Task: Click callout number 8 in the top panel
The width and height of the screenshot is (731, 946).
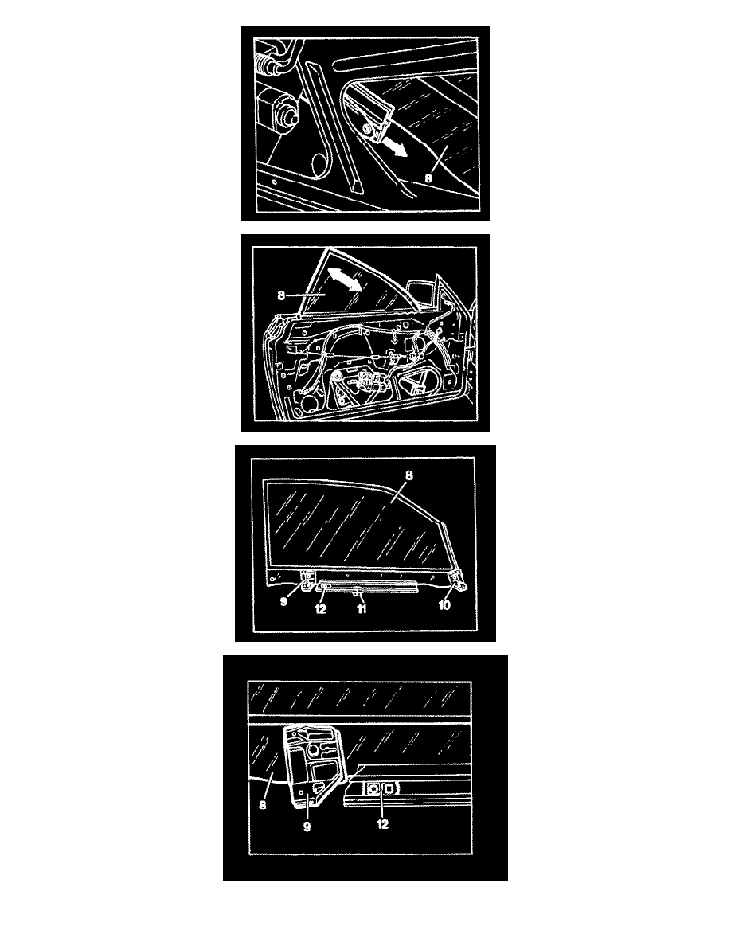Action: [429, 178]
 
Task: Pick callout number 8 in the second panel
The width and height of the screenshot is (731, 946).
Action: [281, 295]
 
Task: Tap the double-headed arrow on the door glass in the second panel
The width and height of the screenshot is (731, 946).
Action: [344, 281]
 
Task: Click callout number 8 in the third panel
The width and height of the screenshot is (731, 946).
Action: [409, 475]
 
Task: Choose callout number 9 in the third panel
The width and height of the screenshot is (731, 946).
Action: [284, 601]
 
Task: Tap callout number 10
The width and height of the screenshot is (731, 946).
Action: [444, 604]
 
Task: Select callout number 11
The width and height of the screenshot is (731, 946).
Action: [362, 608]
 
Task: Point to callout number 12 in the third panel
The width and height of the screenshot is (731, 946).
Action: [320, 608]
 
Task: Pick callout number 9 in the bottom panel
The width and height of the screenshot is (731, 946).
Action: [307, 827]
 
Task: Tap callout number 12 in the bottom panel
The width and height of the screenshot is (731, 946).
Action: [382, 824]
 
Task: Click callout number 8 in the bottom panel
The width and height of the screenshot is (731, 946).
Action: [262, 805]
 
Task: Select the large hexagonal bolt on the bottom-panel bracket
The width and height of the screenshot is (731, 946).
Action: [314, 751]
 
